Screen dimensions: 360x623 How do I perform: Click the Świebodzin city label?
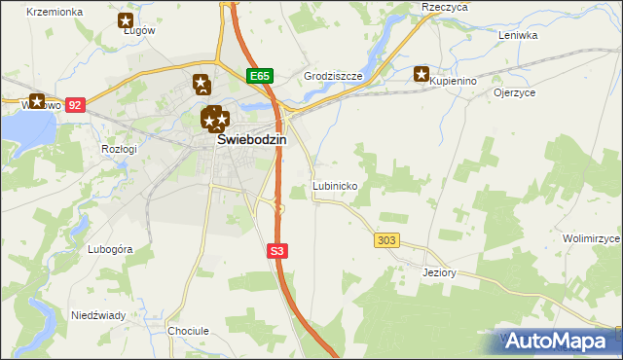tap(251, 140)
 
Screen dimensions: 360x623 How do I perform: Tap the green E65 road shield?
tap(258, 76)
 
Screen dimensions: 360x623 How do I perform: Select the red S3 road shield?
tap(277, 251)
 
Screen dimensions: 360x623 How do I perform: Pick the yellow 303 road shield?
tap(385, 239)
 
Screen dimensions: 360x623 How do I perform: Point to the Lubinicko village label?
tap(337, 185)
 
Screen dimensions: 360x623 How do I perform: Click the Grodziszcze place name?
tap(333, 76)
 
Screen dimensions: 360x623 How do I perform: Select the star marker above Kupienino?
tap(421, 72)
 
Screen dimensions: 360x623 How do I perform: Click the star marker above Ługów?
tap(125, 19)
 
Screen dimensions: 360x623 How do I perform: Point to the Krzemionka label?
tap(54, 12)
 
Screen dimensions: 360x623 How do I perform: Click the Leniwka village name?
tap(518, 35)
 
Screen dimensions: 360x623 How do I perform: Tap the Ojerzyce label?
tap(516, 93)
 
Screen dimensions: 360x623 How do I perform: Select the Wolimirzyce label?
tap(592, 238)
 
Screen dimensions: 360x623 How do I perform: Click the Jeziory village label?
tap(440, 272)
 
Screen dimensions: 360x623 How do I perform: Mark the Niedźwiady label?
tap(97, 315)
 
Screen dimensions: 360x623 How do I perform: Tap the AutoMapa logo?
tap(558, 342)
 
